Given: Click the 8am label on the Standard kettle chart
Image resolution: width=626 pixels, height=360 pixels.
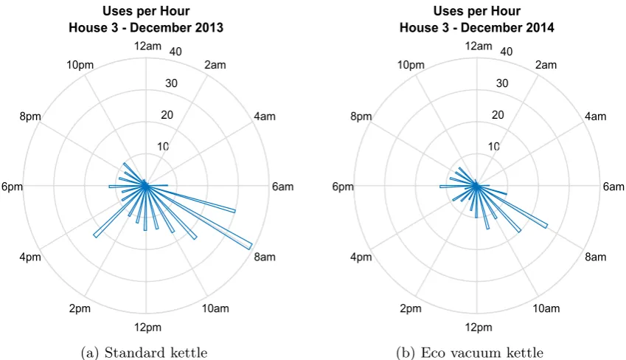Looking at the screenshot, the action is tap(265, 257).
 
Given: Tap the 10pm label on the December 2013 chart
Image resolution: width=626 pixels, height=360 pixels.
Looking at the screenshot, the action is tap(80, 65).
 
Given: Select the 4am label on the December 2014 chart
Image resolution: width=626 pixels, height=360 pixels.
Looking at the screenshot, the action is tap(595, 117).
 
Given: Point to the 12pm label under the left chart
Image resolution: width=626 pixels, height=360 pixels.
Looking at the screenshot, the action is tap(147, 328).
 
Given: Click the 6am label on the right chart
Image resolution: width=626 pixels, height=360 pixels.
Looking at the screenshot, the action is tap(613, 187).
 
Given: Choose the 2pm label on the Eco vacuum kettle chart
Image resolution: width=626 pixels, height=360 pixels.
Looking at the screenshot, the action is tap(411, 308).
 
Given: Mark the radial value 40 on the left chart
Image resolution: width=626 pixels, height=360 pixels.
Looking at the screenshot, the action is tap(175, 52).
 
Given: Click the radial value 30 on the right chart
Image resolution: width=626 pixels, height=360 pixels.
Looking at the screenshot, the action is tap(502, 83).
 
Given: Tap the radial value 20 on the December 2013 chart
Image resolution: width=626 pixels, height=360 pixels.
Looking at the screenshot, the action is tap(167, 115).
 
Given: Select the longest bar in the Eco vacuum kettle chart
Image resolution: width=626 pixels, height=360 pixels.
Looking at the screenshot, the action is tap(512, 206).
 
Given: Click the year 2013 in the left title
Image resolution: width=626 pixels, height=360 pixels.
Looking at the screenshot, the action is tap(209, 27).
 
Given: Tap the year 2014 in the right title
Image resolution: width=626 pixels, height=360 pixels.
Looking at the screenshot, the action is tap(540, 27).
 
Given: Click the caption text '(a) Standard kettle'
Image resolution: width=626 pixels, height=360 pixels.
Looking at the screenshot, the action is tap(144, 353).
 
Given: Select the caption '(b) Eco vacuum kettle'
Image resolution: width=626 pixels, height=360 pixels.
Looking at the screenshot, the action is tap(470, 353).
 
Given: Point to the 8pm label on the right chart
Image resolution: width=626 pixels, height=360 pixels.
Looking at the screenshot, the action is tap(361, 117).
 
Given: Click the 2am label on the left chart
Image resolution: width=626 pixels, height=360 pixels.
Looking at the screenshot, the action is tap(215, 65).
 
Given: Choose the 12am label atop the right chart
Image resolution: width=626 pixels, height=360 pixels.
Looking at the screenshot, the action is tap(479, 46).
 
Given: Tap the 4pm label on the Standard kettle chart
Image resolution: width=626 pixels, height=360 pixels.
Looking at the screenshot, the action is tap(30, 257).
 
